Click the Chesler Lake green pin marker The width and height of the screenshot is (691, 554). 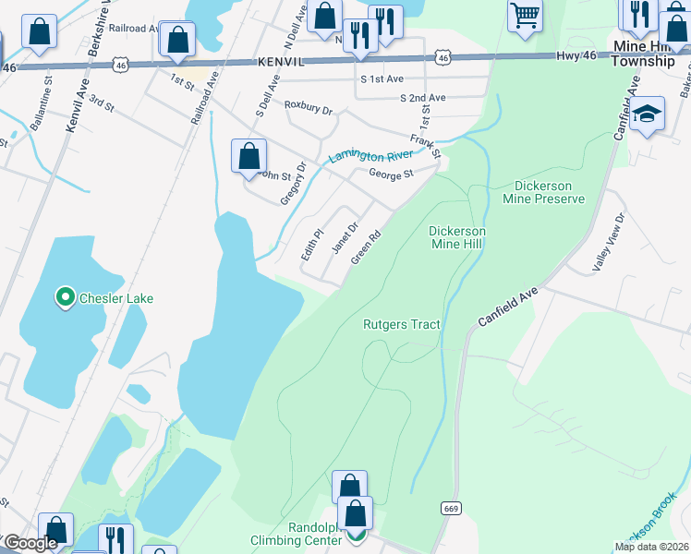coord(65,297)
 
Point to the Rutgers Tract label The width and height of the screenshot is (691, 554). coord(401,325)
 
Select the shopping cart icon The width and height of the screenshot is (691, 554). coord(525,15)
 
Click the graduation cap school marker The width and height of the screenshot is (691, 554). coord(648,114)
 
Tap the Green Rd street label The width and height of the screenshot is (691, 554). coord(366,247)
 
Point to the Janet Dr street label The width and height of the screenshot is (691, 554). coord(345,236)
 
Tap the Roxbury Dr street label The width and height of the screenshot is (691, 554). coord(308,109)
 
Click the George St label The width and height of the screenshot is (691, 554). coord(391,173)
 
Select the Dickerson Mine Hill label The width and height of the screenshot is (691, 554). coord(457,237)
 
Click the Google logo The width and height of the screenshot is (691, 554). coord(30,543)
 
